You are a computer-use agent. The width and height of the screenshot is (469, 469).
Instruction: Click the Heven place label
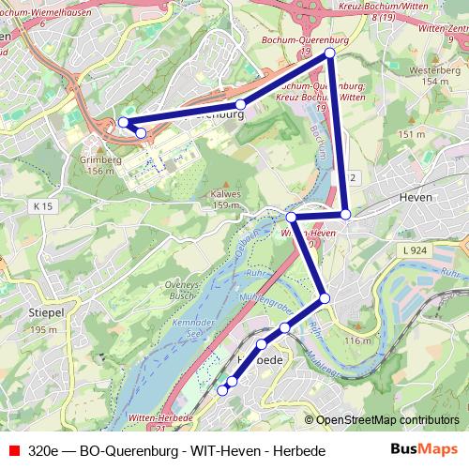pyautogui.click(x=414, y=198)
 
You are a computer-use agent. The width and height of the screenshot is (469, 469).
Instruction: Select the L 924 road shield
pyautogui.click(x=414, y=250)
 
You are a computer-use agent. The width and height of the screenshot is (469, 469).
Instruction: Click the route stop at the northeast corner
pyautogui.click(x=330, y=54)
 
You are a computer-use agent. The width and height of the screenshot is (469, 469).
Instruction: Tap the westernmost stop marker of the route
pyautogui.click(x=123, y=122)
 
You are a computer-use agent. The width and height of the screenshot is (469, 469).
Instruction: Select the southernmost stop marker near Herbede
pyautogui.click(x=223, y=389)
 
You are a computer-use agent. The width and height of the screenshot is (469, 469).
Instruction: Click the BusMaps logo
pyautogui.click(x=424, y=450)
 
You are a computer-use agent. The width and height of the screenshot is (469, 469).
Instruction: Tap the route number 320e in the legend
pyautogui.click(x=45, y=451)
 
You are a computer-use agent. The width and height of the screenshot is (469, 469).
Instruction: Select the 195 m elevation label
pyautogui.click(x=44, y=330)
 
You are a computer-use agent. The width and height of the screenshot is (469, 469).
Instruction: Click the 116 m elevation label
pyautogui.click(x=358, y=340)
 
